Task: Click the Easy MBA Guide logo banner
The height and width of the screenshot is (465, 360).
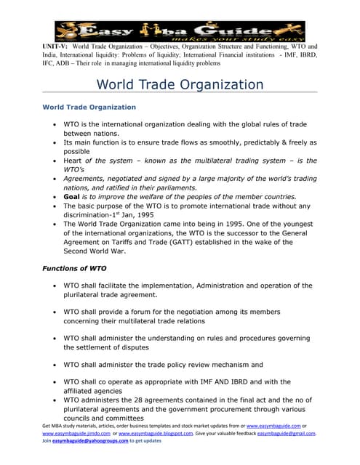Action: click(180, 31)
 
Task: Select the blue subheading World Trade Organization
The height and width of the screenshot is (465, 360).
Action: click(89, 107)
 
